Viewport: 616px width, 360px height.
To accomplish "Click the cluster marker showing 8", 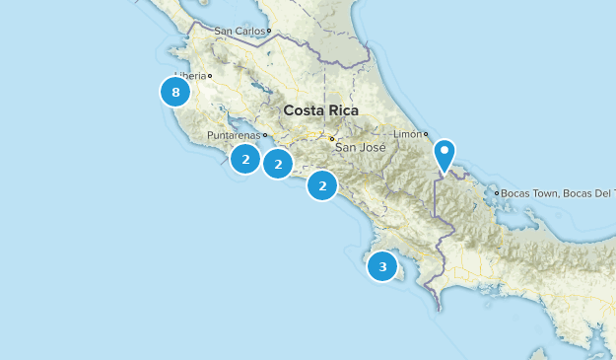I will coord(175,93).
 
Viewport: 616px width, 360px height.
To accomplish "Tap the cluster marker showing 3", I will coord(382,265).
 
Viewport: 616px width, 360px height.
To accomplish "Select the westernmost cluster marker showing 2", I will coord(245,158).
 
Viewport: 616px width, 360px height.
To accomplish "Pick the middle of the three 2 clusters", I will coord(279,165).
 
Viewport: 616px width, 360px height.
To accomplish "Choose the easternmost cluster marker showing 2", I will coord(322,184).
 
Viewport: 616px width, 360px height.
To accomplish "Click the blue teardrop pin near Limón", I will coord(445,155).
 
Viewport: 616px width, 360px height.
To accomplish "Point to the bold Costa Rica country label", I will coord(320,110).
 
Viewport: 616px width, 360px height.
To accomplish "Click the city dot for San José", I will coord(332,138).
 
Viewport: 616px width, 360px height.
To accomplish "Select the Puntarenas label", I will coord(235,136).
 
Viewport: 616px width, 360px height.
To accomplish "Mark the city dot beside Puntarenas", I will coord(265,135).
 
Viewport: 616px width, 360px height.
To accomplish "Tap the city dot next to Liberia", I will coord(210,76).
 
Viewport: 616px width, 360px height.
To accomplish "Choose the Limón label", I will coord(407,133).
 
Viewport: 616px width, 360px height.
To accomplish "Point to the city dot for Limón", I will coord(427,133).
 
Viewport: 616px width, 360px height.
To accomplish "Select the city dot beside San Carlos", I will coord(268,32).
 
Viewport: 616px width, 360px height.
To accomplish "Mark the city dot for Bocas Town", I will coord(499,193).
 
